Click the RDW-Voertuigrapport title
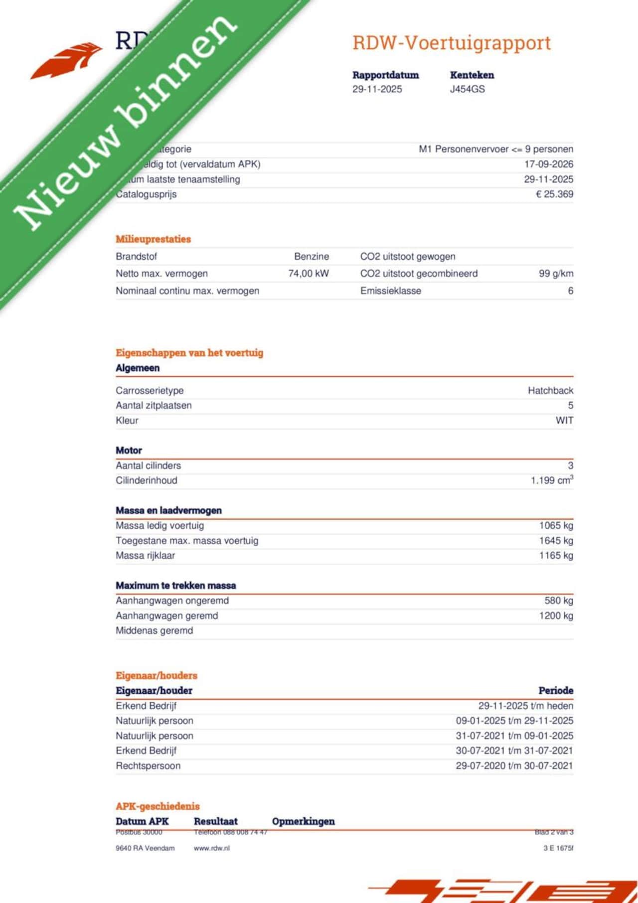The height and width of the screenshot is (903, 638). click(x=452, y=43)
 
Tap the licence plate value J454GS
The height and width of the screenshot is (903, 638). click(x=467, y=89)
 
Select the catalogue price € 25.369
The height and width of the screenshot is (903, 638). click(x=554, y=194)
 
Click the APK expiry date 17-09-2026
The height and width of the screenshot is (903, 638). click(x=548, y=164)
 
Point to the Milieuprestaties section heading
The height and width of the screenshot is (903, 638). click(x=153, y=239)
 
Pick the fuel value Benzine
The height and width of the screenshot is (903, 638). click(x=312, y=257)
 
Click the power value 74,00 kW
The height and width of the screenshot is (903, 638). click(x=309, y=274)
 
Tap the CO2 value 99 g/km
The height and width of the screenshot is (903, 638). click(x=556, y=274)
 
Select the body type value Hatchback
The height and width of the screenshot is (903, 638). click(x=550, y=391)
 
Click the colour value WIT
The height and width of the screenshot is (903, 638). click(x=564, y=421)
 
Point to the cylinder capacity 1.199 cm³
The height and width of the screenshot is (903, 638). click(x=552, y=480)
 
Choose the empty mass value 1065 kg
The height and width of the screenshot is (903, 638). click(x=556, y=526)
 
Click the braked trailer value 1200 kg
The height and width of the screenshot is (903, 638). click(x=556, y=616)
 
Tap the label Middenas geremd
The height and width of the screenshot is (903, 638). click(x=154, y=631)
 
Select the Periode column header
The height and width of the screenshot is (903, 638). click(x=556, y=691)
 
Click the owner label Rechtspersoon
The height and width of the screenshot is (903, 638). click(x=148, y=766)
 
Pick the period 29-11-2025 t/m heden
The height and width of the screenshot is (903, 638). click(x=525, y=706)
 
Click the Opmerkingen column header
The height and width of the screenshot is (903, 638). click(x=303, y=821)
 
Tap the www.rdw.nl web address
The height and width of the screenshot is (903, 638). click(x=212, y=848)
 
